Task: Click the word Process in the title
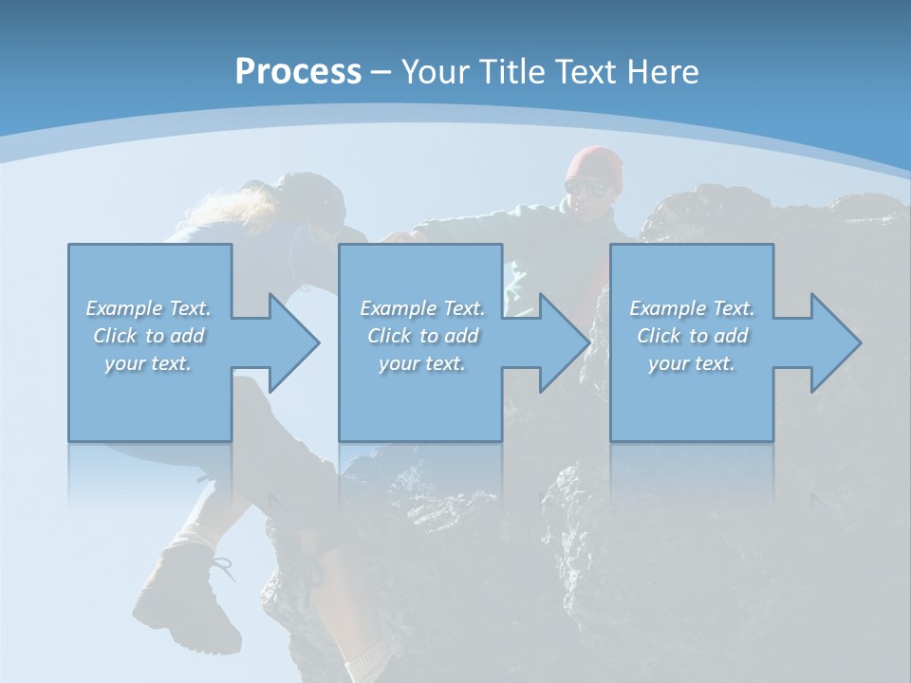tap(298, 72)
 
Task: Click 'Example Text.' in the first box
tap(148, 308)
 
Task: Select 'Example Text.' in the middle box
tap(421, 308)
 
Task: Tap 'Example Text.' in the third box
tap(692, 308)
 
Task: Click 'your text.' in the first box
tap(148, 363)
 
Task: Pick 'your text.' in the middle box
tap(421, 363)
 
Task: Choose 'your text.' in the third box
tap(692, 363)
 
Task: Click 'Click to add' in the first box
tap(148, 336)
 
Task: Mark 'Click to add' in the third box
tap(692, 336)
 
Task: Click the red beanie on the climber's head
tap(596, 164)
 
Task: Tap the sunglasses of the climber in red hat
tap(587, 188)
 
